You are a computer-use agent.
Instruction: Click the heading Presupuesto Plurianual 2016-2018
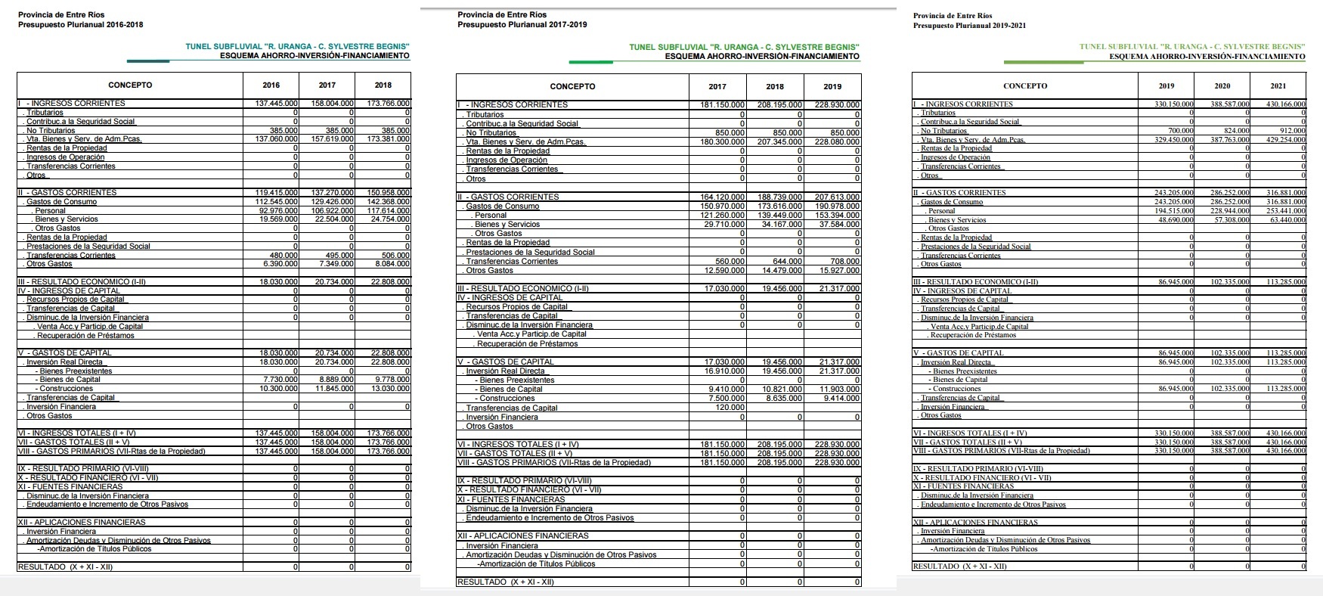(x=80, y=24)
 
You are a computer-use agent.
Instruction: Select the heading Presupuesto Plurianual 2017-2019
(x=522, y=24)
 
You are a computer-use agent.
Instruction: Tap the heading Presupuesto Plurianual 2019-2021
(x=969, y=26)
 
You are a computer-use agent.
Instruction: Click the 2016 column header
(x=271, y=85)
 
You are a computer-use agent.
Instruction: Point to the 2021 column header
(x=1278, y=86)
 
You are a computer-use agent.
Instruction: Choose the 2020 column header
(x=1222, y=86)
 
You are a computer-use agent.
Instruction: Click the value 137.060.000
(x=277, y=139)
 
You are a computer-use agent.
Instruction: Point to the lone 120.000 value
(x=731, y=408)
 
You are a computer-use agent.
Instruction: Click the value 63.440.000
(x=1287, y=220)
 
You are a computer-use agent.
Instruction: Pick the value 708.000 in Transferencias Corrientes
(x=844, y=262)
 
